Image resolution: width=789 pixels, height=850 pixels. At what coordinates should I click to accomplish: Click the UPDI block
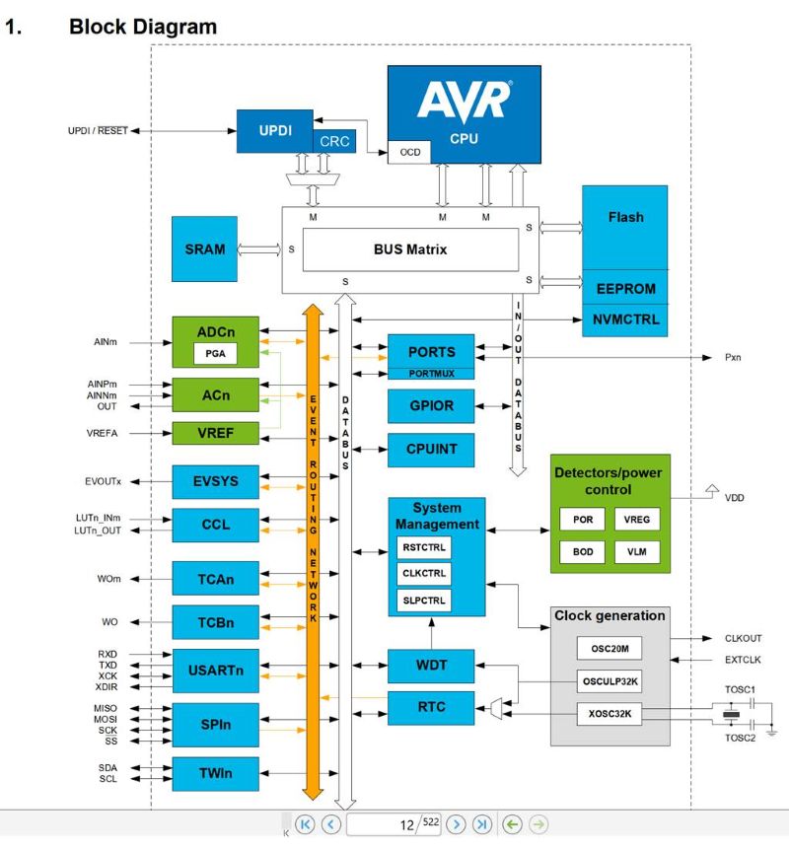click(274, 130)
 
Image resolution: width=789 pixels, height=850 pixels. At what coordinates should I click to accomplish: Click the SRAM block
click(204, 249)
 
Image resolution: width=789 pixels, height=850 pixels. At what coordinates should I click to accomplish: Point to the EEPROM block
click(625, 290)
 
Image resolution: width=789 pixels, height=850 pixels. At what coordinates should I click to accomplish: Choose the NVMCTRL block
click(625, 319)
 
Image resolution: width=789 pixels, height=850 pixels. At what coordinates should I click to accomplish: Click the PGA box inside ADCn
click(215, 352)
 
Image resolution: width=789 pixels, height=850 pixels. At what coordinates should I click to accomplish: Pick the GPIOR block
click(431, 403)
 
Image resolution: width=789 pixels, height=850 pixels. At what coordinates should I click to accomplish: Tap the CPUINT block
click(431, 450)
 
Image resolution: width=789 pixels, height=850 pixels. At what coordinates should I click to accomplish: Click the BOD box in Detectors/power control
click(583, 551)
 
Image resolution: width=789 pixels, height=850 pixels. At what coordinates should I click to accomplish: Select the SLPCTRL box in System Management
click(424, 599)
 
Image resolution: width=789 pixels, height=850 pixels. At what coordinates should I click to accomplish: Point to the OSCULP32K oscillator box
click(610, 680)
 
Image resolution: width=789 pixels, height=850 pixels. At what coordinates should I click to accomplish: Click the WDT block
click(431, 666)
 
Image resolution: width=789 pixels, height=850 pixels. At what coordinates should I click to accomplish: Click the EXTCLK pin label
click(743, 660)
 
